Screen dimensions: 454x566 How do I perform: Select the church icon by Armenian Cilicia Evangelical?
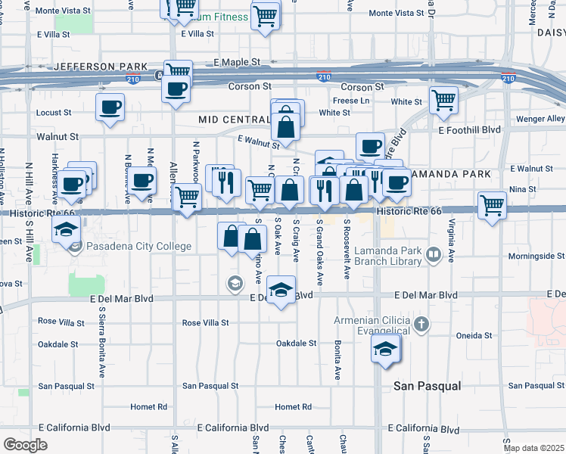coord(422,325)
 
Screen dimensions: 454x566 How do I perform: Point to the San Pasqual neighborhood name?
coord(427,386)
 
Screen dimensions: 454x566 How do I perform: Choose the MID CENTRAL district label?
coord(235,120)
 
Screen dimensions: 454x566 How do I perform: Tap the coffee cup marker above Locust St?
coord(110,107)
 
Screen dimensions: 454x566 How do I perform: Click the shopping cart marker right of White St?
coord(443,99)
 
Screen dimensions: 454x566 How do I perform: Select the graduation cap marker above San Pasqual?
coord(386,349)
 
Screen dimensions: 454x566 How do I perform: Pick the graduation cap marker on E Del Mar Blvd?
coord(281,291)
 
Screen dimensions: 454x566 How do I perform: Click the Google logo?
coord(25,445)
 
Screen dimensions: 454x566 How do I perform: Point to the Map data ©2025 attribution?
coord(534,448)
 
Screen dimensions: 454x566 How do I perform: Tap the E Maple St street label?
coord(237,62)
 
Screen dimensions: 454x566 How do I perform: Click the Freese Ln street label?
coord(350,101)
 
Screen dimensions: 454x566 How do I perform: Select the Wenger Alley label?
coord(540,119)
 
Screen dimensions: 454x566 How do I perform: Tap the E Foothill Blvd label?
coord(469,130)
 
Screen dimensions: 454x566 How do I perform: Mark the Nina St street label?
coord(523,189)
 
